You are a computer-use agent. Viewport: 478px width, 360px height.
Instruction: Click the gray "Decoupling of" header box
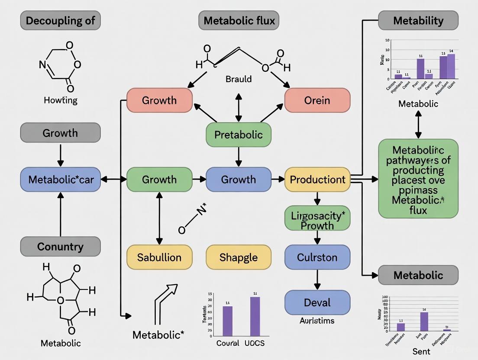(60, 20)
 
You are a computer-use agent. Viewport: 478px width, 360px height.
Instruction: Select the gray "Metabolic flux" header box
(239, 20)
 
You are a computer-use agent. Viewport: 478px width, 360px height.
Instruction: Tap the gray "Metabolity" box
(418, 20)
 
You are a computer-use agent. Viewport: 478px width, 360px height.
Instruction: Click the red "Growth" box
(159, 100)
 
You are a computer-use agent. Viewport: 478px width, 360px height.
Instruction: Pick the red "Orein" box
(317, 100)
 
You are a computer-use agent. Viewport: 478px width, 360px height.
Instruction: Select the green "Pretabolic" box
(238, 135)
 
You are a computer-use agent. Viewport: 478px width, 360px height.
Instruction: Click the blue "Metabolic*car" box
(60, 179)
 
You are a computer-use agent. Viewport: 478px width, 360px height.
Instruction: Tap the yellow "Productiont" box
(317, 179)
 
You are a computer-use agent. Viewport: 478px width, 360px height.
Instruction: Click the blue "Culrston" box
(317, 257)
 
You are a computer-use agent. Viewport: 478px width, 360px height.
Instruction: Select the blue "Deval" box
(317, 302)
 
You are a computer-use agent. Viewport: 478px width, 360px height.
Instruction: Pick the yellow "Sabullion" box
(159, 257)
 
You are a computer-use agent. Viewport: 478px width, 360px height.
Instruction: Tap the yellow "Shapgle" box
(238, 257)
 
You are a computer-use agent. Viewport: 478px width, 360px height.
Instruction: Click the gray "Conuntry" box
(60, 247)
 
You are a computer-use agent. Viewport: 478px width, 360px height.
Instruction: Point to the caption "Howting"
(61, 100)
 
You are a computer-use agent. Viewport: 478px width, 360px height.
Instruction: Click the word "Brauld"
(238, 79)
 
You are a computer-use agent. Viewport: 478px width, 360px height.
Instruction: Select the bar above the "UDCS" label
(255, 316)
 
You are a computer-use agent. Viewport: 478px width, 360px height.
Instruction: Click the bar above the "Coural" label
(227, 321)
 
